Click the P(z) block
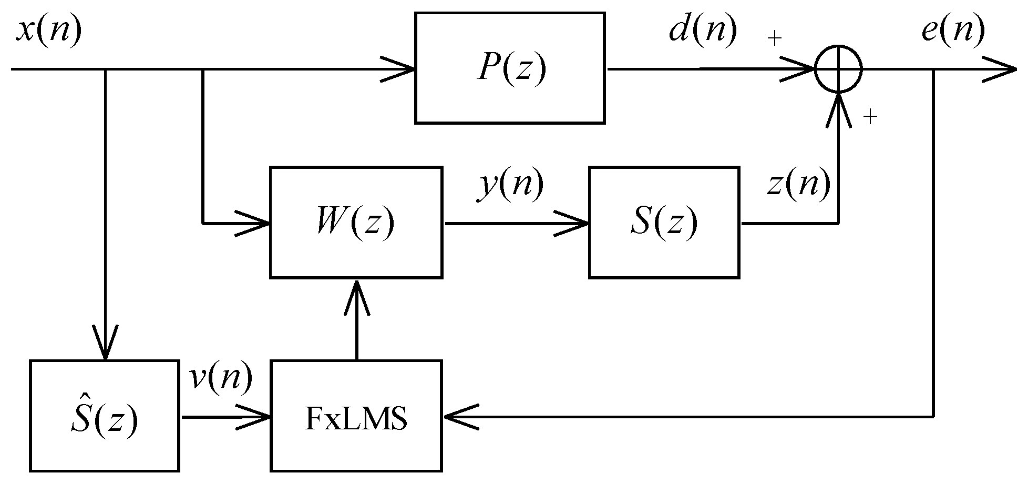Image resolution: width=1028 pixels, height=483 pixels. click(510, 68)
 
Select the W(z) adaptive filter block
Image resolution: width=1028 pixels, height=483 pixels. click(356, 222)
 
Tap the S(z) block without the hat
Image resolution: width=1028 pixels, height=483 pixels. click(664, 222)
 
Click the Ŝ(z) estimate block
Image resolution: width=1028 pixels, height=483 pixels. click(104, 416)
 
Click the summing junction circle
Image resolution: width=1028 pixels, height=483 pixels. click(838, 69)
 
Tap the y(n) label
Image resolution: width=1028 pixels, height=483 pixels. click(510, 185)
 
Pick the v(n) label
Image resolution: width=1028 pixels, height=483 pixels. click(221, 378)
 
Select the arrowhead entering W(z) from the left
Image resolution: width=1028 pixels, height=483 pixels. click(255, 223)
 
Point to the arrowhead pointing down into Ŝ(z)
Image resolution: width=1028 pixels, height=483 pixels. click(106, 345)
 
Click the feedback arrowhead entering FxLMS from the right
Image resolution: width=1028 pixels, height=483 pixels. click(459, 417)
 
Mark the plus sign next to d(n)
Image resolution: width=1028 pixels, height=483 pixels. click(775, 38)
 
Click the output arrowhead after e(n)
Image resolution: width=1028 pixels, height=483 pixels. click(999, 69)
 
